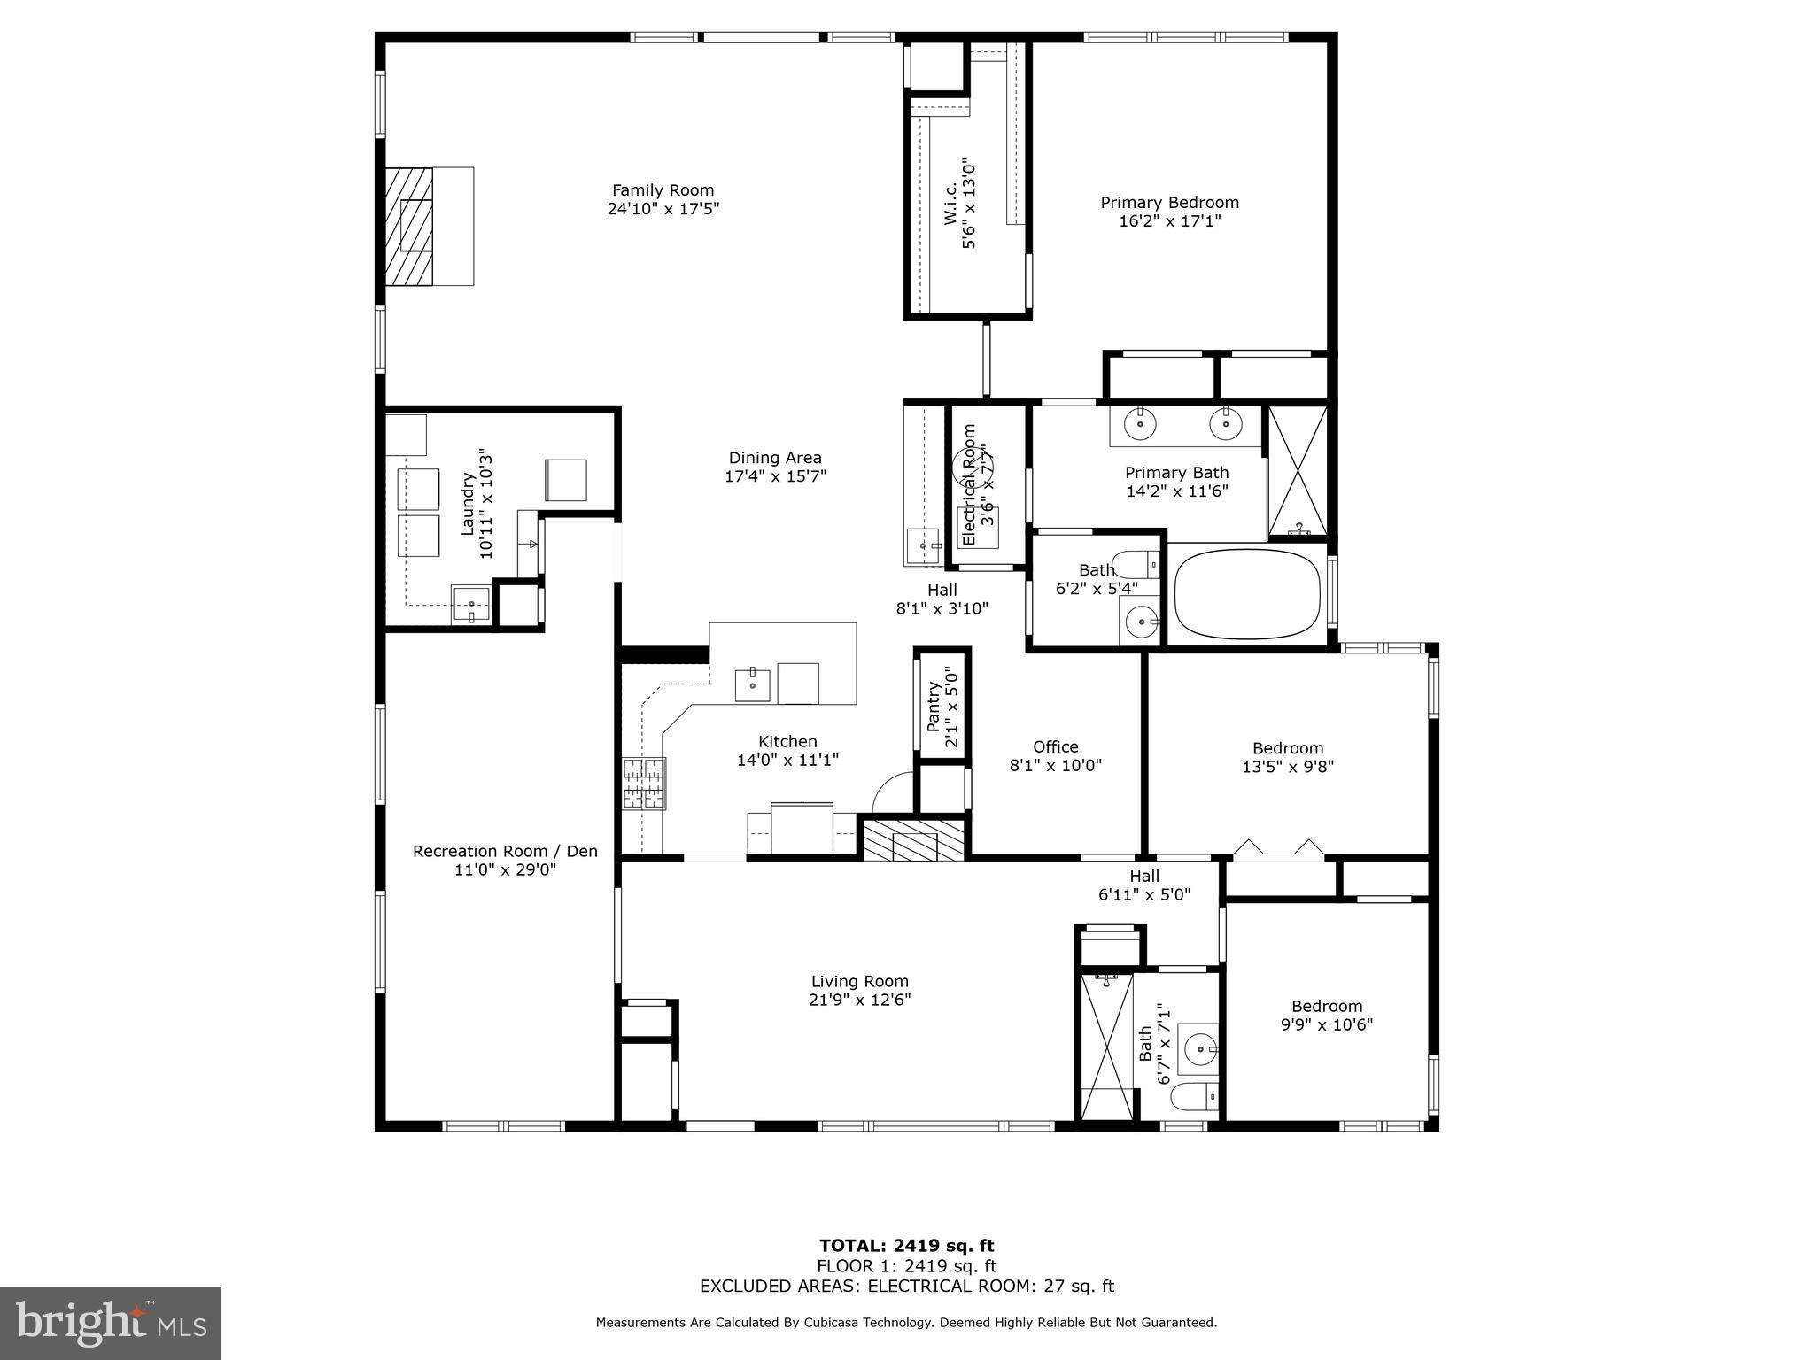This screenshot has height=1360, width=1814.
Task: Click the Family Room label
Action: click(x=663, y=190)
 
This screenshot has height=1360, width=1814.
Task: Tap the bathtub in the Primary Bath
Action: click(x=1247, y=593)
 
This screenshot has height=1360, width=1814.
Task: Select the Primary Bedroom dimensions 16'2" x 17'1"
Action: click(x=1169, y=221)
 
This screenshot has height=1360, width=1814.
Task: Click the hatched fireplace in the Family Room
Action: click(x=409, y=227)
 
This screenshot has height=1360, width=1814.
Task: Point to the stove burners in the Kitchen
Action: click(x=644, y=784)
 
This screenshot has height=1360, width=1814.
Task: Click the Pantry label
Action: click(x=934, y=706)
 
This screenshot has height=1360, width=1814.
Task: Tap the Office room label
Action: click(x=1055, y=747)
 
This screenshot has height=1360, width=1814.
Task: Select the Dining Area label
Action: click(x=775, y=458)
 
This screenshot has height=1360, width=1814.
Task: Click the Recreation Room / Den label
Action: click(x=505, y=851)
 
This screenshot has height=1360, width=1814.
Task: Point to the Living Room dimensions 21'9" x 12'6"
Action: click(x=860, y=1000)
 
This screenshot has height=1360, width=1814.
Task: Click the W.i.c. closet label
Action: click(x=950, y=204)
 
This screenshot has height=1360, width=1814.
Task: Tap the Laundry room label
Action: click(x=469, y=505)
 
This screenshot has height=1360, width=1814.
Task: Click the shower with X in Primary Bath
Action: click(x=1298, y=472)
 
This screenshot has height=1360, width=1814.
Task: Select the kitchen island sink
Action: click(x=752, y=684)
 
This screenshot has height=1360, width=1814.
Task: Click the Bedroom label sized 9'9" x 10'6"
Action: click(x=1326, y=1006)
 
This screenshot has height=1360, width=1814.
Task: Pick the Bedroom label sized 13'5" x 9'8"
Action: click(x=1287, y=748)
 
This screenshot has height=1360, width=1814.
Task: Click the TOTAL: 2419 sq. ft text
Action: click(x=906, y=1247)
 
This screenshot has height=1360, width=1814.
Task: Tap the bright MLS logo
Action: click(x=111, y=1323)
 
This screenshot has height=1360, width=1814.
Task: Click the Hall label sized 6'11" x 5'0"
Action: click(x=1143, y=877)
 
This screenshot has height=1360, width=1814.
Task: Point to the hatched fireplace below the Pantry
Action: click(x=914, y=840)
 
